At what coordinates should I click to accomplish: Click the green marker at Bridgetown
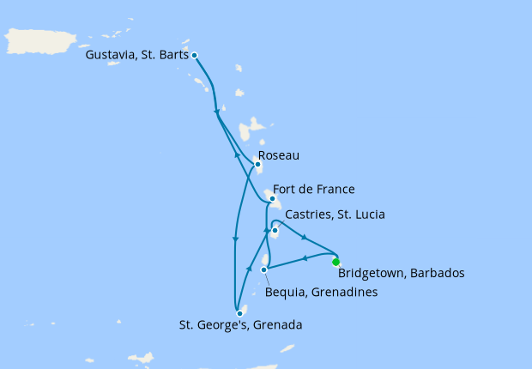coord(336,262)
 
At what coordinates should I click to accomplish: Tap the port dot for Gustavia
coord(195,55)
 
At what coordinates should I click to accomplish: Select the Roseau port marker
coord(257,165)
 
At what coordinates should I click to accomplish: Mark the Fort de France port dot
coord(272,199)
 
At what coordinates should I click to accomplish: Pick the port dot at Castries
coord(275,230)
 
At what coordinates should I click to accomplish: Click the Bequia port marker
coord(263,270)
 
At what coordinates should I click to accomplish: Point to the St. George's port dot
coord(239,313)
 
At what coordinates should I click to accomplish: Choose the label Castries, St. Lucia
coord(334,214)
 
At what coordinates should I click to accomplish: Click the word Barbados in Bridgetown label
coord(436,274)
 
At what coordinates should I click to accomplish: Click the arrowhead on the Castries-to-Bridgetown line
coord(305,237)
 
